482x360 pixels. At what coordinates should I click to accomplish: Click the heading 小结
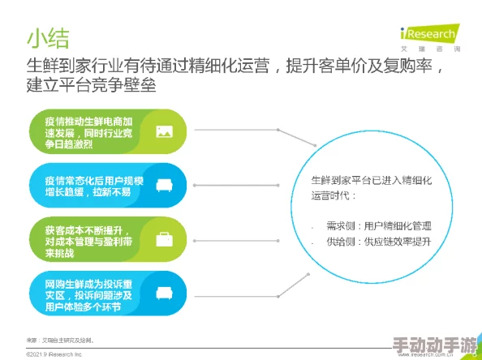[48, 37]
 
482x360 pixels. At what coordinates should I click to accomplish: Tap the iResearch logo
[428, 36]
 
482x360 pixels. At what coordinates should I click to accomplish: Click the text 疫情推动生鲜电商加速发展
[88, 131]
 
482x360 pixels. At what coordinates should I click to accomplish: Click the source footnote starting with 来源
[60, 339]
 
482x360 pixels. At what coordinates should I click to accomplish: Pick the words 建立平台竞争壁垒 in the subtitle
[91, 85]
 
